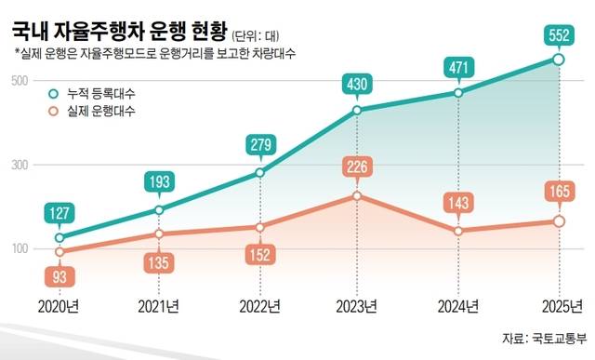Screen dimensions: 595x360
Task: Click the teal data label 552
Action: [559, 35]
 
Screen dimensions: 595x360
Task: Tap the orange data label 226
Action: [357, 167]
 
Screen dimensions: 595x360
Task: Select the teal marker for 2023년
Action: [357, 111]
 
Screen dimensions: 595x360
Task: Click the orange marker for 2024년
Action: [458, 231]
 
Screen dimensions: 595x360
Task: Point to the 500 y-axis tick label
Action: [20, 81]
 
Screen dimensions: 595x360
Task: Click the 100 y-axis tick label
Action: [20, 248]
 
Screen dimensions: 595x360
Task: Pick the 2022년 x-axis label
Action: [260, 306]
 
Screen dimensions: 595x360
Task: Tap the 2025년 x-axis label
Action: [562, 306]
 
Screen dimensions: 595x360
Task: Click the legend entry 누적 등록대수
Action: [92, 93]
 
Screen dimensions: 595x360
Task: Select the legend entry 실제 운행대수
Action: [92, 112]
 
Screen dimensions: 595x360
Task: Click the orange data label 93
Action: [59, 277]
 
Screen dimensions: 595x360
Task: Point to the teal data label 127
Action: [59, 213]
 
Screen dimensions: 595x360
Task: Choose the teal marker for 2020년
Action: [59, 238]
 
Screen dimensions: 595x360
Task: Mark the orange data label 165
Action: [560, 191]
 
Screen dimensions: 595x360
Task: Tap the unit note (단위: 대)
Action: [256, 35]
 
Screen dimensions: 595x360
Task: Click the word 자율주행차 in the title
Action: [99, 31]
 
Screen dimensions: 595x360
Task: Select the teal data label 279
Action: [261, 145]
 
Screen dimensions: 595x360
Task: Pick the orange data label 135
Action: [159, 262]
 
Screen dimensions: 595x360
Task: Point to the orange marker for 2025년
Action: [559, 221]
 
